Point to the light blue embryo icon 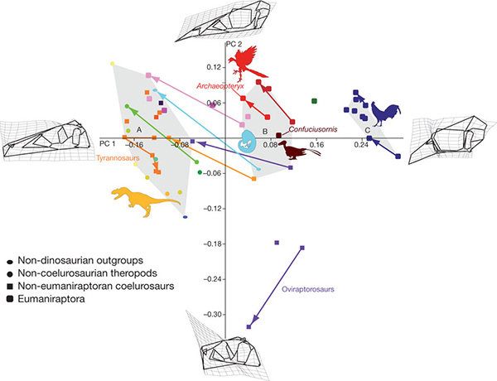(248, 139)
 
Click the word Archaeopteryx (219, 85)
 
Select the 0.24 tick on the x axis (361, 143)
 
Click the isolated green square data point (316, 101)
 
